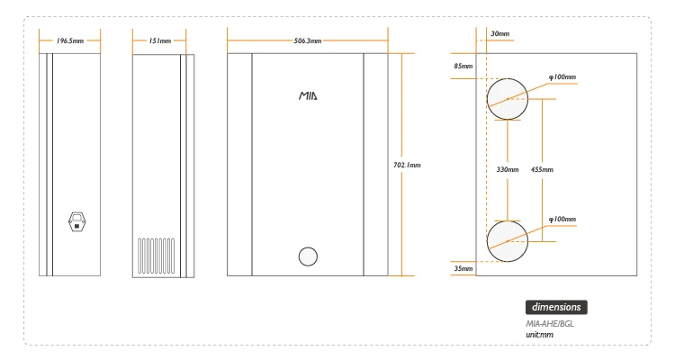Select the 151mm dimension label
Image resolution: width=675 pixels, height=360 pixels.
coord(160,40)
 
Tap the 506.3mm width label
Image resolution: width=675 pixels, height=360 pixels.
coord(308,40)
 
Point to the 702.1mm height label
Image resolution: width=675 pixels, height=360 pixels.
coord(408,165)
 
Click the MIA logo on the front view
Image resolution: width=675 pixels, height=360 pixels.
coord(308,94)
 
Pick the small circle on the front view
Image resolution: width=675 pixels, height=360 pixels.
coord(308,256)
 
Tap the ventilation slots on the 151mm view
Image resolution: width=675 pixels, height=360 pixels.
coord(157,256)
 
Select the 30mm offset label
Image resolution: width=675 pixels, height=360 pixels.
coord(499,33)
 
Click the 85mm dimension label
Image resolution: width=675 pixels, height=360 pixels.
coord(463,66)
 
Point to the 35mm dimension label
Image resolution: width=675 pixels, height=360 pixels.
coord(463,268)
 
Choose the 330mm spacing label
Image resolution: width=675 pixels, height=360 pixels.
coord(508,169)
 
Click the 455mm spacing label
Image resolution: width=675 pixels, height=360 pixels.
coord(543,169)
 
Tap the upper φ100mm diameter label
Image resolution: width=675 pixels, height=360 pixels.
coord(562,76)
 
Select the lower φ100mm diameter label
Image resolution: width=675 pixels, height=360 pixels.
coord(562,219)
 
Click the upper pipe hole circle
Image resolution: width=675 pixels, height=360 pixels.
coord(508,99)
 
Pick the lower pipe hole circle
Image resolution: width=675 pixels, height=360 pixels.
coord(508,239)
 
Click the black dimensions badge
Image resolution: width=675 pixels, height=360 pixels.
coord(556,307)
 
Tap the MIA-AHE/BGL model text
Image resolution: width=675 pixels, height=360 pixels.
coord(550,324)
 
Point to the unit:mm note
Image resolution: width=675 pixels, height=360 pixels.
coord(540,335)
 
